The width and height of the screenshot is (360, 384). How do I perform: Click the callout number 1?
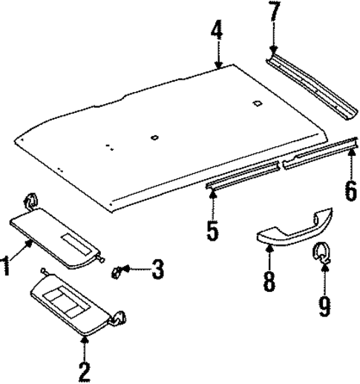tap(7, 265)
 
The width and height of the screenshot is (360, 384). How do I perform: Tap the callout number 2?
tap(85, 368)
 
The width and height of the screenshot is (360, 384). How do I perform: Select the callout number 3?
tap(157, 269)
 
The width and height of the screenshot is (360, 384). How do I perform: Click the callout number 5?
tap(213, 230)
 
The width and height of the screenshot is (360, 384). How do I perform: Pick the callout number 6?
tap(350, 191)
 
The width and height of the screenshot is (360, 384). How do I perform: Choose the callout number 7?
tap(274, 13)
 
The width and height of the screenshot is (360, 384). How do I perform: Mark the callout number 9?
tap(324, 305)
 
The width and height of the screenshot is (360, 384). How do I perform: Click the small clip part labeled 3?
tap(118, 272)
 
